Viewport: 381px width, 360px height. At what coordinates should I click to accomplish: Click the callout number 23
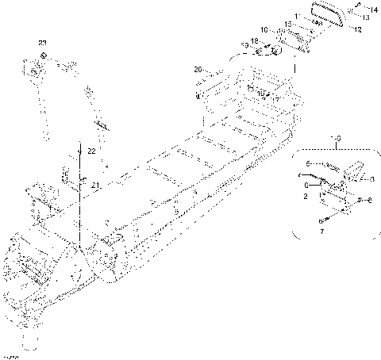coord(42,41)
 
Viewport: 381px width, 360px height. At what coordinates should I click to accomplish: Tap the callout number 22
coord(92,151)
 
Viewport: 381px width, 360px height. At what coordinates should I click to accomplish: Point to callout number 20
coord(198,71)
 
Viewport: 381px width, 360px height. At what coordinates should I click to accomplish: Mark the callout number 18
coord(255,40)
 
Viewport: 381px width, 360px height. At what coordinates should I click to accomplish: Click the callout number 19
coord(245,46)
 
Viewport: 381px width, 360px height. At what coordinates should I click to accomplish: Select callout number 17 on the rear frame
coord(275,98)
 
